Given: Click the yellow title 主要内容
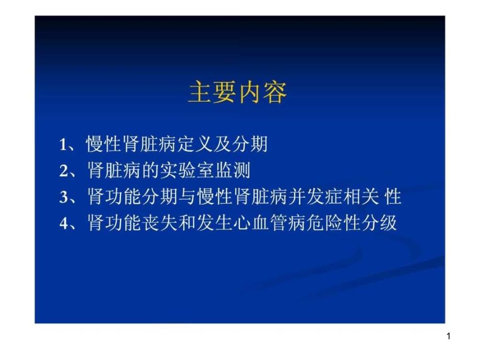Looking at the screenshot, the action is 237,92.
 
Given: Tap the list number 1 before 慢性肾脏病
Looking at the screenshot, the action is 63,145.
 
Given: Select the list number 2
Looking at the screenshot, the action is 64,171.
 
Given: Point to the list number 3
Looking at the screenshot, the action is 64,197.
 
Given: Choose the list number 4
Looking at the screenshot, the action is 64,223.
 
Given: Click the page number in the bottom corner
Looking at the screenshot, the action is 449,336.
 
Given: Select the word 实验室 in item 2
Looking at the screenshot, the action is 188,170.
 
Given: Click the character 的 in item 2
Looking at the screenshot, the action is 151,170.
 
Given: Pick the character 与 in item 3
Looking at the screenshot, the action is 187,197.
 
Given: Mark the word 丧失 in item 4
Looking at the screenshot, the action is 160,223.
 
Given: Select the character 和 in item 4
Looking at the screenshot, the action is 187,223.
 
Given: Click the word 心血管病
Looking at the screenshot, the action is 269,223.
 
